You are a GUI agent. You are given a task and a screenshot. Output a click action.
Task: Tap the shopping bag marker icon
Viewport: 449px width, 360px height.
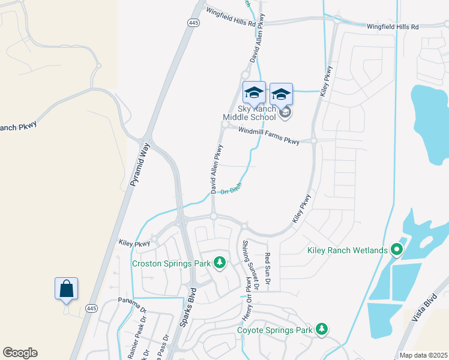coord(66,289)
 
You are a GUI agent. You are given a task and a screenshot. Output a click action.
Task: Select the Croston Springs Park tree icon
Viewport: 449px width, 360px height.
coord(220,262)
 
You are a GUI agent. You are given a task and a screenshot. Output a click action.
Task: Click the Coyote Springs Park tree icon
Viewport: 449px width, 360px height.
coord(322,329)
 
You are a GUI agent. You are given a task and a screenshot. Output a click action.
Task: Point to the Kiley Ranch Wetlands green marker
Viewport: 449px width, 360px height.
coord(396,249)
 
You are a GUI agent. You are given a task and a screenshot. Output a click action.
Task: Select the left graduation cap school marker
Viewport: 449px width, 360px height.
coord(254,92)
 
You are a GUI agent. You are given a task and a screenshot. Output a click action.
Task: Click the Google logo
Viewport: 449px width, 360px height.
coord(20,353)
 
